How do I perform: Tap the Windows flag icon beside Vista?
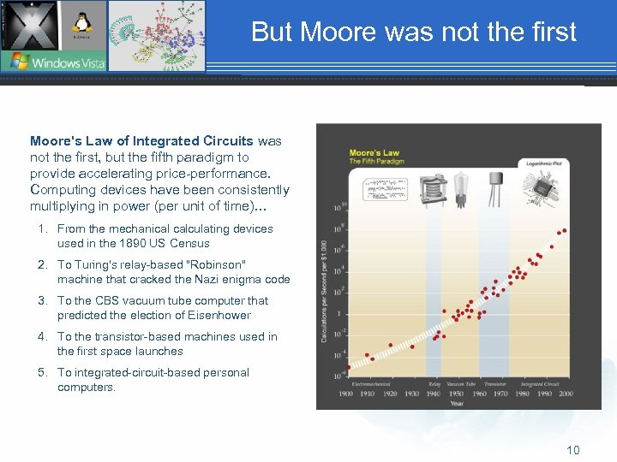16,62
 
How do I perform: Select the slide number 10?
572,450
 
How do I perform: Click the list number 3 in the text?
41,301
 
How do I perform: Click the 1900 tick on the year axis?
346,394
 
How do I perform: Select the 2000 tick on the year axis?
565,394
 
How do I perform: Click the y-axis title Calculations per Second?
325,291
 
